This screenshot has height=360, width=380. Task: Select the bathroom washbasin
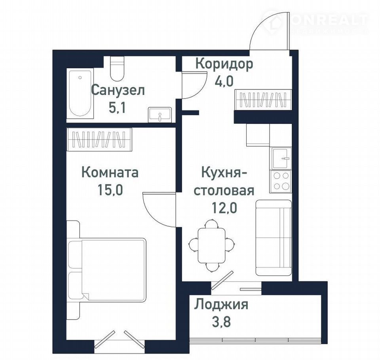click(x=160, y=115)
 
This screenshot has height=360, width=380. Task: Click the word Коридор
click(x=224, y=64)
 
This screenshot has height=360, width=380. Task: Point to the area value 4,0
click(x=224, y=81)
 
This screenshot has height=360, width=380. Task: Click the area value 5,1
click(x=117, y=108)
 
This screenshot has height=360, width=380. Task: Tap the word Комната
click(x=110, y=173)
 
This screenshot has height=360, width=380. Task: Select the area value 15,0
click(x=110, y=189)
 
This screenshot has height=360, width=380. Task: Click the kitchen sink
click(x=281, y=158)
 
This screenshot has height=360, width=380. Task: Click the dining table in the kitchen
click(x=211, y=246)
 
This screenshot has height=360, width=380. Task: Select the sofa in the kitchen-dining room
click(x=274, y=238)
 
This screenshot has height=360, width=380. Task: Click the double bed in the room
click(x=106, y=270)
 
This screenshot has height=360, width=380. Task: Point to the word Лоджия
click(x=221, y=305)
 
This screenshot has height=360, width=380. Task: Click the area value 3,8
click(x=221, y=322)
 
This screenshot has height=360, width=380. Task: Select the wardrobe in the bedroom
click(x=99, y=140)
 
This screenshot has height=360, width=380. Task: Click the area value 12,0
click(x=224, y=208)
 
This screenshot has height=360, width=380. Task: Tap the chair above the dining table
click(x=211, y=224)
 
